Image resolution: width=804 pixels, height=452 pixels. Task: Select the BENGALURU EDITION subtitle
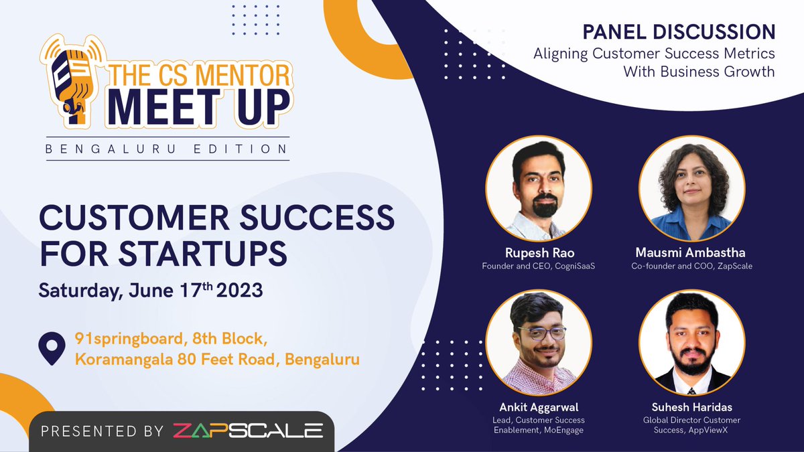tap(167, 149)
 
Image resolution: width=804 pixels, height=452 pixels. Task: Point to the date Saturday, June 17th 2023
tap(151, 291)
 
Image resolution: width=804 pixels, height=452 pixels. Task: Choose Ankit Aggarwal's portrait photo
tap(539, 342)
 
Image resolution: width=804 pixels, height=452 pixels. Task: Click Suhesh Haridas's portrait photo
tap(692, 342)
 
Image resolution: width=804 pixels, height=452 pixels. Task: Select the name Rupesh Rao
tap(539, 252)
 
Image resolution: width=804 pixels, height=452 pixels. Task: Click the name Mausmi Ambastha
tap(692, 252)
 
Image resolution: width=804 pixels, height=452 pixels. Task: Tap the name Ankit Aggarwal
tap(539, 407)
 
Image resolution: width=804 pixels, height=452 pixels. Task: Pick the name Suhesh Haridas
tap(692, 407)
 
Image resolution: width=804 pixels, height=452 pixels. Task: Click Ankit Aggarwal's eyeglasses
tap(542, 332)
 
